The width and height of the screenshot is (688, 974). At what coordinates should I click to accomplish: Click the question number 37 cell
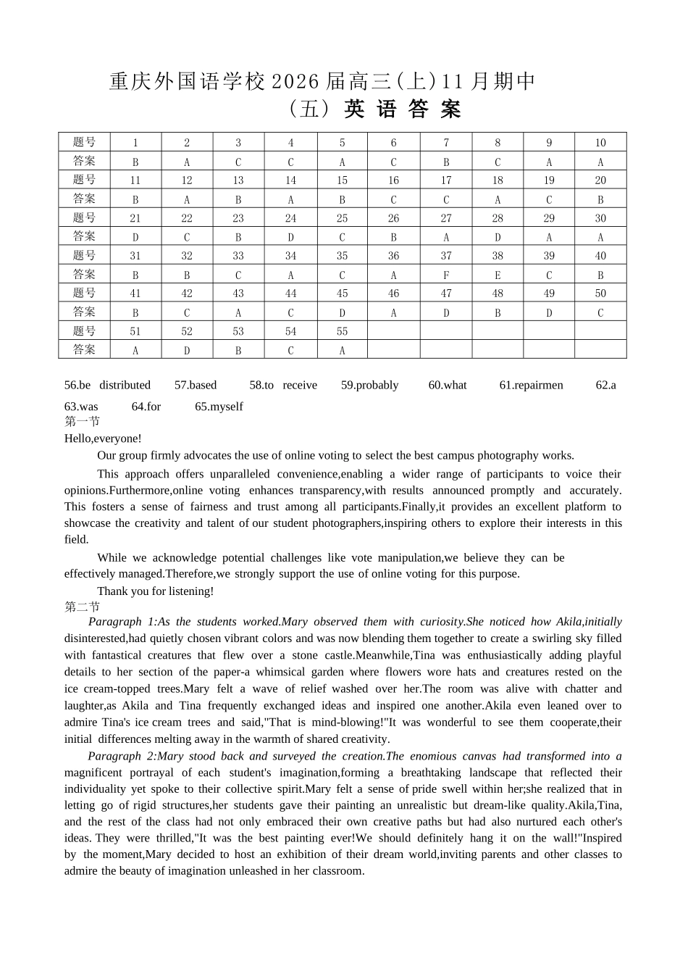[446, 256]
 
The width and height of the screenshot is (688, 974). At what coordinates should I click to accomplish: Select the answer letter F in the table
[446, 275]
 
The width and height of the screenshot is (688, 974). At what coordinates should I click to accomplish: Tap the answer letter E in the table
[498, 275]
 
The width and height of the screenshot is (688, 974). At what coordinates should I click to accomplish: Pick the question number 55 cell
[342, 331]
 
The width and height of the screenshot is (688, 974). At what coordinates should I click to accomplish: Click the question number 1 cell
[135, 143]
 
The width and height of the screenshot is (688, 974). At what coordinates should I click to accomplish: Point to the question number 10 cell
[600, 143]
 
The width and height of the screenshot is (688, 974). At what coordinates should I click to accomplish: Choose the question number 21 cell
[135, 218]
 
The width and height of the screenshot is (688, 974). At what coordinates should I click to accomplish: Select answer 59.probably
[369, 386]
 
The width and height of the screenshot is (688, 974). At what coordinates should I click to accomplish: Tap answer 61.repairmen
[531, 386]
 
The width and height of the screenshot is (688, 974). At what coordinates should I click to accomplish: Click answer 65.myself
[219, 407]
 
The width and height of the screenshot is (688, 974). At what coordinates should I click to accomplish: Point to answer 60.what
[448, 386]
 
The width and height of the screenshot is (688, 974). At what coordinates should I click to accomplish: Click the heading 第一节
[82, 422]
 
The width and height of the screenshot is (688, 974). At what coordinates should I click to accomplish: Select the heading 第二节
[82, 607]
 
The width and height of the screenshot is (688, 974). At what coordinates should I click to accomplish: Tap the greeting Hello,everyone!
[103, 438]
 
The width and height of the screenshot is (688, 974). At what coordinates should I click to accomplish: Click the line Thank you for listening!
[156, 591]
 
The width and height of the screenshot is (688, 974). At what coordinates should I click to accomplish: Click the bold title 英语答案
[403, 109]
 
